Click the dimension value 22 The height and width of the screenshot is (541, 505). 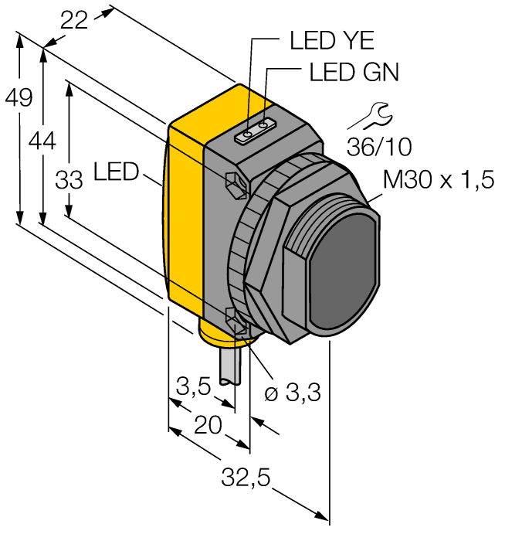coord(74,22)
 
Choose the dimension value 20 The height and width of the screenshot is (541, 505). coord(208,424)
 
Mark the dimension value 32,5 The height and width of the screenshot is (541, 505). coord(247,478)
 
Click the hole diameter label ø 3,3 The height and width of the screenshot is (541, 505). coord(292,394)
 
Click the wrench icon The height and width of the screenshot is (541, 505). coord(370,115)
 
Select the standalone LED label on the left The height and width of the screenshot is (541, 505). coord(116,171)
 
